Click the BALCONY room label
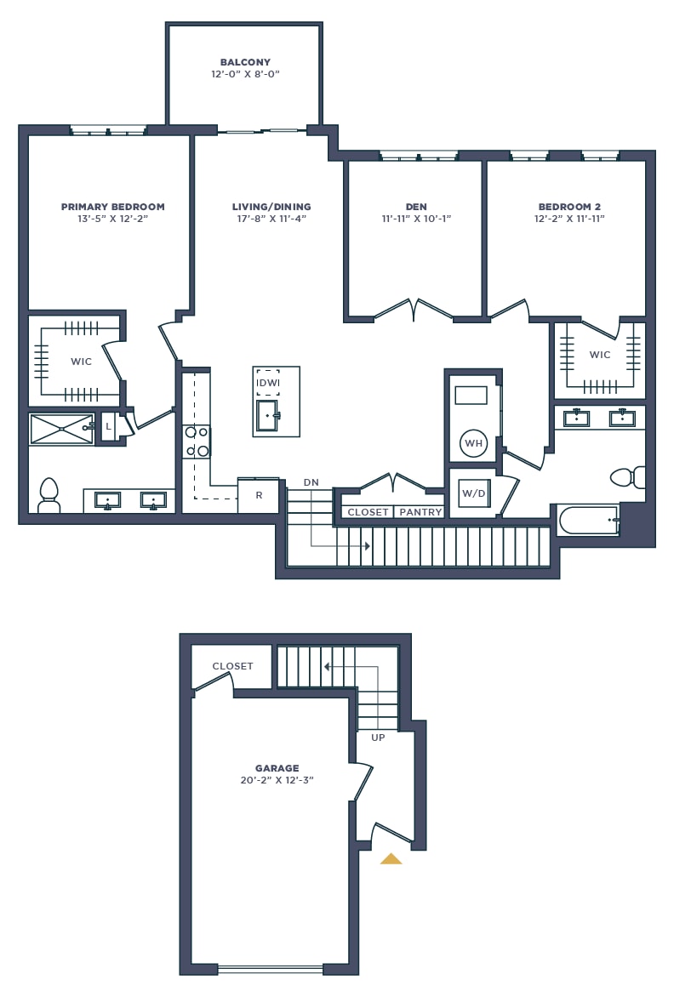pos(245,62)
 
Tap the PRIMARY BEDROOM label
pos(112,207)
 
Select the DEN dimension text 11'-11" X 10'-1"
pos(416,219)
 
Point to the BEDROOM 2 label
pos(569,207)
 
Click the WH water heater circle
pos(474,443)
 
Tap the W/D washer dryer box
pos(474,493)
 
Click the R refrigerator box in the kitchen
pos(259,495)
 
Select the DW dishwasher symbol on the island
pos(268,382)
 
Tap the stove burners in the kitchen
pos(197,442)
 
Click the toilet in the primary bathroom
pos(49,495)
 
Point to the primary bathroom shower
pos(62,430)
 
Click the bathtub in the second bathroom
pos(588,520)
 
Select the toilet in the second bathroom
pos(627,477)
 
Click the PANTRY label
pos(420,512)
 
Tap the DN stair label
pos(311,482)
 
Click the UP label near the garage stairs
pos(378,738)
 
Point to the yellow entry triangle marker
pos(391,859)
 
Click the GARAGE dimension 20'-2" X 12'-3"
pos(277,780)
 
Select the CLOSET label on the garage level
pos(232,666)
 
